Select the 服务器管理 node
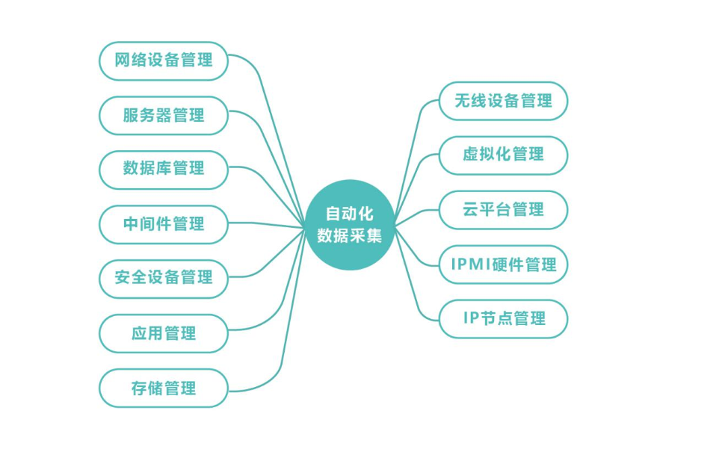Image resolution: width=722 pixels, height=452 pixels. pyautogui.click(x=163, y=116)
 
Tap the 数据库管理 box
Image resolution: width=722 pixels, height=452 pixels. pyautogui.click(x=163, y=169)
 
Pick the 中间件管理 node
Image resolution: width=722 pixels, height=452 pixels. pyautogui.click(x=163, y=223)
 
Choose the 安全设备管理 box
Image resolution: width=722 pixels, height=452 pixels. pyautogui.click(x=163, y=278)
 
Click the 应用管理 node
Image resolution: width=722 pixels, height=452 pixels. pyautogui.click(x=163, y=333)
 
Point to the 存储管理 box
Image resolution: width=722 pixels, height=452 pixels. pyautogui.click(x=163, y=388)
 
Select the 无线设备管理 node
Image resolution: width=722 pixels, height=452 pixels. pyautogui.click(x=503, y=101)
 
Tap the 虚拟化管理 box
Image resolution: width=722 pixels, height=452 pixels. pyautogui.click(x=503, y=155)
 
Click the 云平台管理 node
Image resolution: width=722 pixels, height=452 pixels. pyautogui.click(x=503, y=210)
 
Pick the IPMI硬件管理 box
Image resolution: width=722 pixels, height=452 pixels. pyautogui.click(x=503, y=264)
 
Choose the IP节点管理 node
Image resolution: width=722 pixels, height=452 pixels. pyautogui.click(x=503, y=319)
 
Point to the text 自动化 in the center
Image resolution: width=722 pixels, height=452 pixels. pyautogui.click(x=350, y=214)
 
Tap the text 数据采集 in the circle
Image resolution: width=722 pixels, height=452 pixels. pyautogui.click(x=350, y=235)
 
